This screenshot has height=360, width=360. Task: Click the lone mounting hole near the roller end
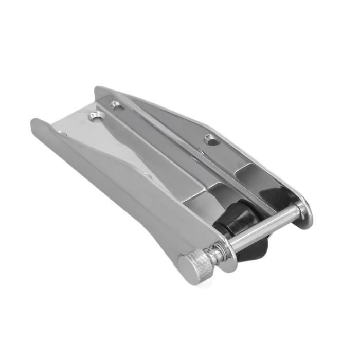(x=208, y=138)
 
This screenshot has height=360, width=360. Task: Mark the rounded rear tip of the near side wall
(x=36, y=125)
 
